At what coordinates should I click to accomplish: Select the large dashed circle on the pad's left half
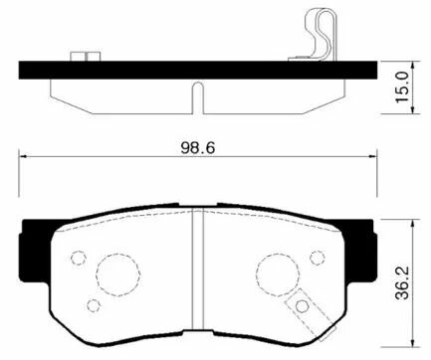112,272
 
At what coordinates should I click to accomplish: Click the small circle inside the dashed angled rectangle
300,306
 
